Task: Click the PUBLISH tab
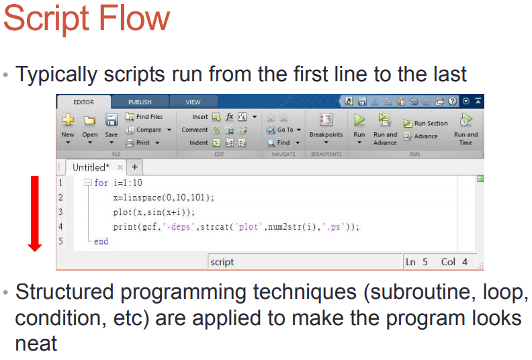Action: tap(140, 102)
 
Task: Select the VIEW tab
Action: tap(193, 102)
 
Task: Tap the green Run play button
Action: tap(359, 120)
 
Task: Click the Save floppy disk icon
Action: tap(112, 120)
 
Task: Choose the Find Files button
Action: tap(144, 117)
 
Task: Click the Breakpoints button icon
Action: tap(326, 120)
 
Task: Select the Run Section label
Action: tap(431, 123)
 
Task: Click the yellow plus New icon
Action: tap(68, 120)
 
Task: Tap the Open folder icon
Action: tap(89, 120)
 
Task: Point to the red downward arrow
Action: tap(35, 214)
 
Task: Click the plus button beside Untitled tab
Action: tap(135, 167)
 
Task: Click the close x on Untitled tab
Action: tap(120, 167)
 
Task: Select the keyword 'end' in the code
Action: tap(101, 241)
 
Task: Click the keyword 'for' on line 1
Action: tap(101, 183)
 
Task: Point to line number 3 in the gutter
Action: tap(60, 212)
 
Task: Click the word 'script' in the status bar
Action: tap(222, 262)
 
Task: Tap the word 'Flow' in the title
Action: tap(134, 18)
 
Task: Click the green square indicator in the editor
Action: tap(480, 179)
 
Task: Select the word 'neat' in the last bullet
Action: tap(36, 344)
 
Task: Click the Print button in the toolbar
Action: tap(142, 143)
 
